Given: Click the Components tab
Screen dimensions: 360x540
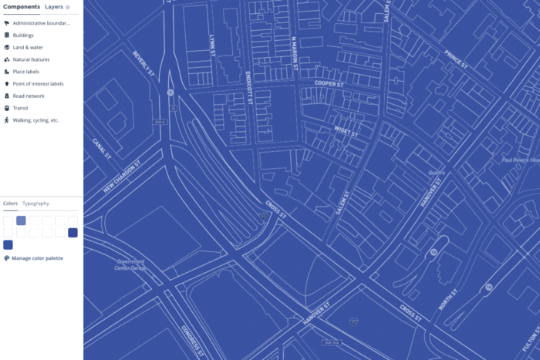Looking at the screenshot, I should pos(21,6).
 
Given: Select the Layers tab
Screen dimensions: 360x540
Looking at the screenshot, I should pos(54,6).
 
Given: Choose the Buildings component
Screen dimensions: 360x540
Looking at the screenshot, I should pos(23,35).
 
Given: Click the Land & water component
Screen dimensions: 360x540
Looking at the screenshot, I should pos(27,47).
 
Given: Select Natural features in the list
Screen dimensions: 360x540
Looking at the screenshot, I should pos(31,59).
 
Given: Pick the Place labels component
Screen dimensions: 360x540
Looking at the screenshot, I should pos(25,72).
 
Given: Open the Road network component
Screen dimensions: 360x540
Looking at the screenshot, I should pos(29,96).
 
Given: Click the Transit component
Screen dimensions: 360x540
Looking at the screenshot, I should pos(20,108).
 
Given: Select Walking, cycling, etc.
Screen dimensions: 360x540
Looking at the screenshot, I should pos(35,120).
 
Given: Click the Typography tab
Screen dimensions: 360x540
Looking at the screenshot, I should pos(35,204).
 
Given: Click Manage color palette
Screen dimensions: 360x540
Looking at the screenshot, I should pos(37,258).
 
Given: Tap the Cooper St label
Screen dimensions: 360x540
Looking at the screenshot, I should pos(327,82).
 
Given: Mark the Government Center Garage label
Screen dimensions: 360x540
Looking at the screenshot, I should pos(130,264).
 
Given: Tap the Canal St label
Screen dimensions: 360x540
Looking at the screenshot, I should pos(103,149).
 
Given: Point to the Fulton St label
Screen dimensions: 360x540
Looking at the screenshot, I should pos(528,336).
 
